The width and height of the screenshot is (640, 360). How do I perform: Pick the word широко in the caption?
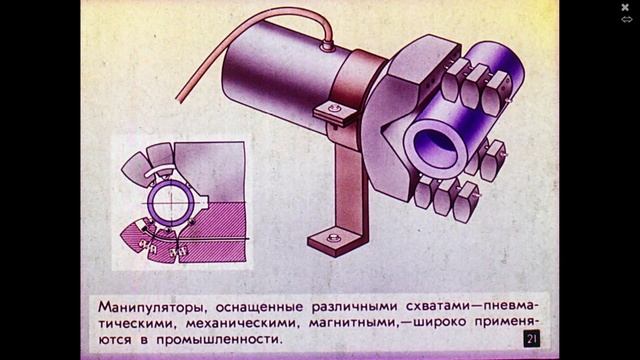tap(440, 322)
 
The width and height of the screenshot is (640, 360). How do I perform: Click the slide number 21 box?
tap(531, 339)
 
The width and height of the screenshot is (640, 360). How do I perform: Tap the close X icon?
tap(625, 7)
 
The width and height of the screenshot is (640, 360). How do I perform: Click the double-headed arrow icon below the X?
tap(626, 19)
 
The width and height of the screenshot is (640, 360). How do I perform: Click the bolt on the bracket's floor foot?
tap(333, 238)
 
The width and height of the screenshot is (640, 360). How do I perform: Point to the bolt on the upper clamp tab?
tap(334, 109)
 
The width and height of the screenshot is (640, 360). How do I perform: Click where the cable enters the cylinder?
tap(327, 47)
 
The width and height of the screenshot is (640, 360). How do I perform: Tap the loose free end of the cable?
tap(179, 98)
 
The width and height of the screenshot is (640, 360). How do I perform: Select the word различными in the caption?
tap(354, 307)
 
